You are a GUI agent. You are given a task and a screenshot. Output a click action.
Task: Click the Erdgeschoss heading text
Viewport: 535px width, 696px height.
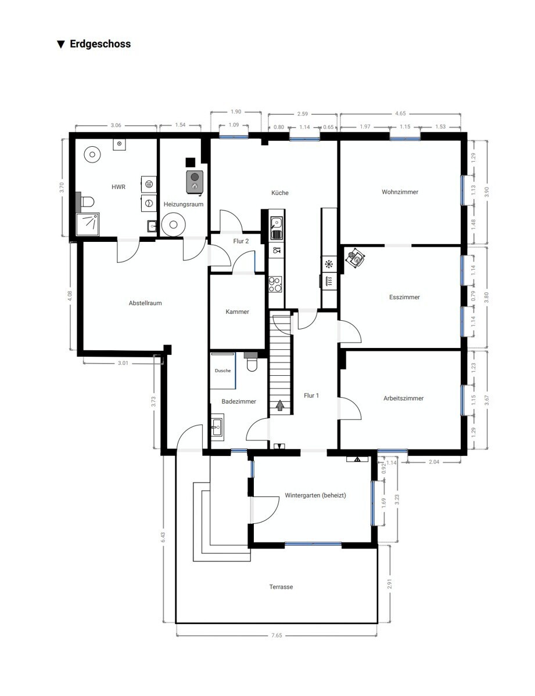coord(100,44)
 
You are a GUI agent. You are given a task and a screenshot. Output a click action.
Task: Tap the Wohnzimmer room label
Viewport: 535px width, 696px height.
coord(400,192)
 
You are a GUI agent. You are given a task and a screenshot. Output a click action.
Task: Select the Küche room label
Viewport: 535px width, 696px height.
coord(279,193)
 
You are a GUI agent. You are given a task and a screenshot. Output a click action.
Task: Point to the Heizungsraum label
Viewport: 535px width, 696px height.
coord(184,204)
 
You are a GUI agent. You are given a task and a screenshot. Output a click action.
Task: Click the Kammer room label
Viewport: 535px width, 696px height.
coord(237,311)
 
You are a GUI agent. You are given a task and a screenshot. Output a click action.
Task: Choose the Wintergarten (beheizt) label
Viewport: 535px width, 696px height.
coord(315,495)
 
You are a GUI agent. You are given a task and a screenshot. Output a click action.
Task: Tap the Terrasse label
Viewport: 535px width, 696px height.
coord(281,587)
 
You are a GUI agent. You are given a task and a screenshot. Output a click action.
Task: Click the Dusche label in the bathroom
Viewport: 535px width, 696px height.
coord(222,371)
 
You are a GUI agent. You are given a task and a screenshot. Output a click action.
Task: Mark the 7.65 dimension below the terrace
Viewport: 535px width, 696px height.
coord(277,635)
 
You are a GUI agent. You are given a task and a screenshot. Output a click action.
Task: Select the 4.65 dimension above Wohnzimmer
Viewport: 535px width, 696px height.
coord(400,113)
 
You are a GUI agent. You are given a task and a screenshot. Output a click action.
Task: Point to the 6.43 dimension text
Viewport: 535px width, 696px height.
coord(163,537)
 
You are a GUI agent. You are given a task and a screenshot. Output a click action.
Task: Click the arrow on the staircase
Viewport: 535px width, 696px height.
coord(280,405)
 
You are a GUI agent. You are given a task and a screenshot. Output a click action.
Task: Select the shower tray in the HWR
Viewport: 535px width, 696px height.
coord(88,224)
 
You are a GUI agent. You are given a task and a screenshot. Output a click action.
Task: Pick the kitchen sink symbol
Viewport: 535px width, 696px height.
coord(276,228)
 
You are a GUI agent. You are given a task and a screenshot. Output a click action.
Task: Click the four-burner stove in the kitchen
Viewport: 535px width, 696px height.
coord(275,284)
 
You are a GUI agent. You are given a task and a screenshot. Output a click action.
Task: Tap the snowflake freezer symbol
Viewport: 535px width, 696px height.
coord(328,264)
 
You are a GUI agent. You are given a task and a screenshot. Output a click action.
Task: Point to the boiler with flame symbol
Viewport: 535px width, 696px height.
coord(195,182)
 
